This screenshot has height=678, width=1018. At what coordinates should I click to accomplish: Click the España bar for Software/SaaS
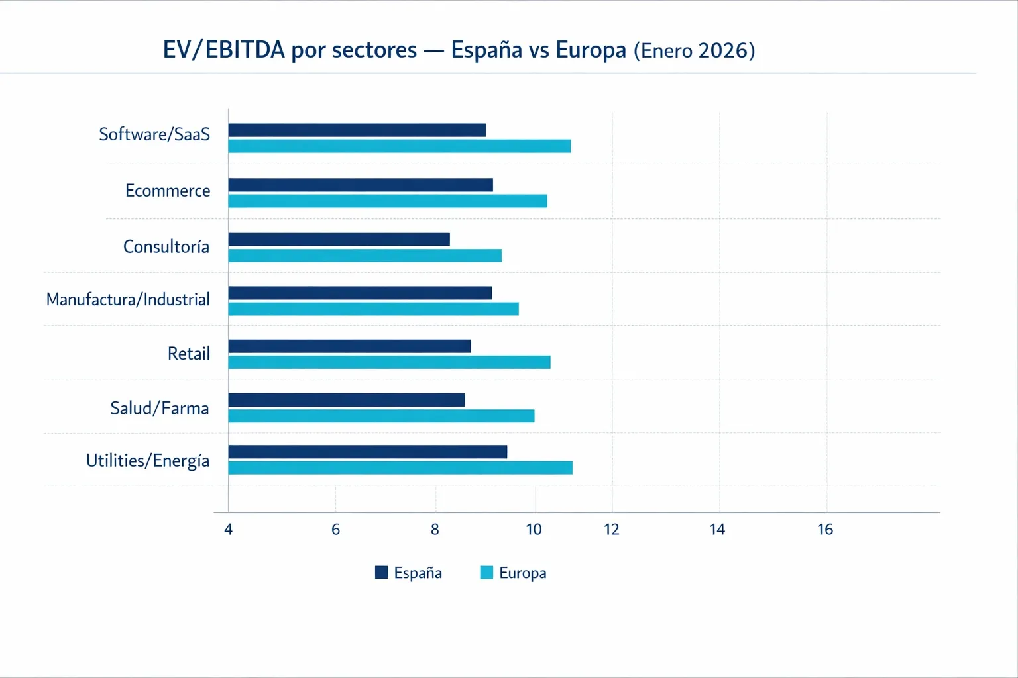(357, 130)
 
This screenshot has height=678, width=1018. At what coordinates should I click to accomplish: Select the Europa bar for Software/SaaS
(400, 146)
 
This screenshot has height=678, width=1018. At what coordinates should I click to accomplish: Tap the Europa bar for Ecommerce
(388, 201)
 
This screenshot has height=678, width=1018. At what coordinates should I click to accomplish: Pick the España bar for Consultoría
(339, 240)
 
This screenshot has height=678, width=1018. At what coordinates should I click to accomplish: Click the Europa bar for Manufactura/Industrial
(374, 309)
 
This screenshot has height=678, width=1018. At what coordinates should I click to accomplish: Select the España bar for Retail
(350, 346)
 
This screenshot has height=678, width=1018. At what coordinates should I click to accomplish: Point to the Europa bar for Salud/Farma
(382, 416)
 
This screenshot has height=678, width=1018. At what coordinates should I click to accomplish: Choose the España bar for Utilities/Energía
(368, 452)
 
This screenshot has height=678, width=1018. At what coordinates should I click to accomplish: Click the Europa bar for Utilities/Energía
(400, 468)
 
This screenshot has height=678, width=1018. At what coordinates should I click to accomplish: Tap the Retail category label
(189, 354)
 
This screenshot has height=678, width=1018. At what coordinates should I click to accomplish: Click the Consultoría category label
(166, 247)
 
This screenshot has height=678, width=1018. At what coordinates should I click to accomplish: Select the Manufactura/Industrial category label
(128, 300)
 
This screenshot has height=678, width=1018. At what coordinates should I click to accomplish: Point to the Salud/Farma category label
(160, 409)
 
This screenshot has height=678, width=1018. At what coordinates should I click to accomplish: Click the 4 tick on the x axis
(229, 530)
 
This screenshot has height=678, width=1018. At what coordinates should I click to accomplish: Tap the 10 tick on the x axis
(534, 530)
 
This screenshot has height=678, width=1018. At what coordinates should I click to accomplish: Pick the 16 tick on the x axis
(825, 530)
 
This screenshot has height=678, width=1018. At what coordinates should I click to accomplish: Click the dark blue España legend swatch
(382, 573)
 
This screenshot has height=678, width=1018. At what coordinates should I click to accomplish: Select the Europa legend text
(523, 573)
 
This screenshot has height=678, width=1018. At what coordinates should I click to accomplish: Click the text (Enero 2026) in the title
(694, 51)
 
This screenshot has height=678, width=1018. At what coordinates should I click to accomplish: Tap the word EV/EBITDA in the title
(224, 50)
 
